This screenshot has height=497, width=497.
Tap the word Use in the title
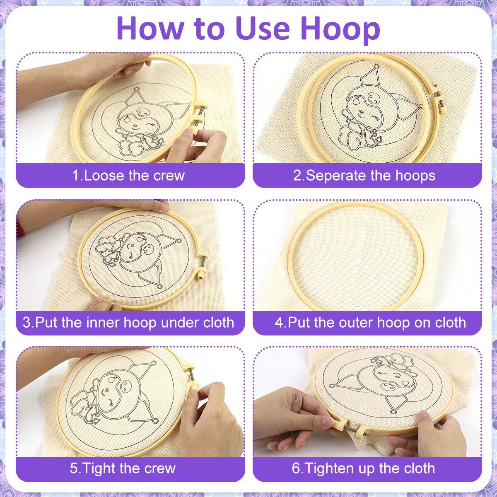263,29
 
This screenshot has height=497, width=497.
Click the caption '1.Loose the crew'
128,176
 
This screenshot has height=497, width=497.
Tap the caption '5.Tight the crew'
123,468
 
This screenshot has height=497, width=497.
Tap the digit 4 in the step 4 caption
279,322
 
